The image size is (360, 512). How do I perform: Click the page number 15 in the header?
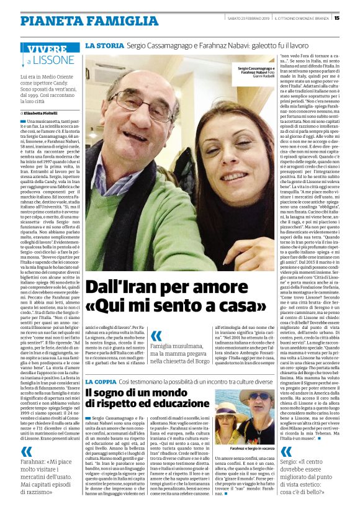pyautogui.click(x=353, y=18)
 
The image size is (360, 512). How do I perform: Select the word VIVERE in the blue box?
pyautogui.click(x=47, y=49)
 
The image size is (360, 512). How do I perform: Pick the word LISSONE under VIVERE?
pyautogui.click(x=53, y=61)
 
